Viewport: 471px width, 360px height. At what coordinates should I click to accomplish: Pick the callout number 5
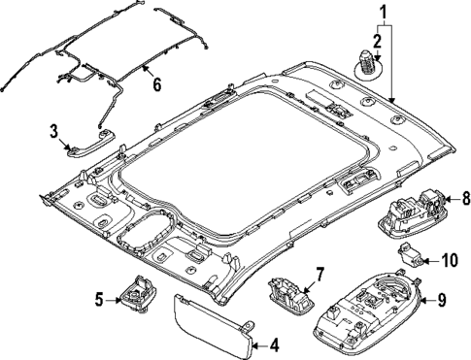click(x=99, y=299)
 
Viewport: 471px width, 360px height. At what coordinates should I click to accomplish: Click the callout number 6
click(x=154, y=85)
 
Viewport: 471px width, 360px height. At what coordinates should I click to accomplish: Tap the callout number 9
click(x=441, y=300)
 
